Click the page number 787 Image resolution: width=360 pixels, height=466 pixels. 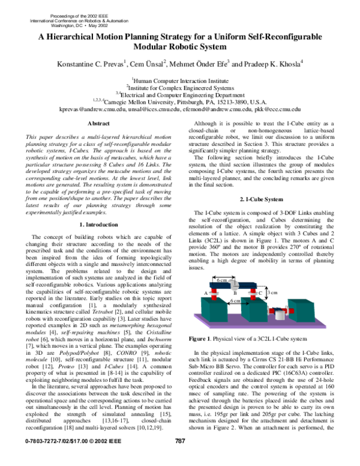(179, 458)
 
